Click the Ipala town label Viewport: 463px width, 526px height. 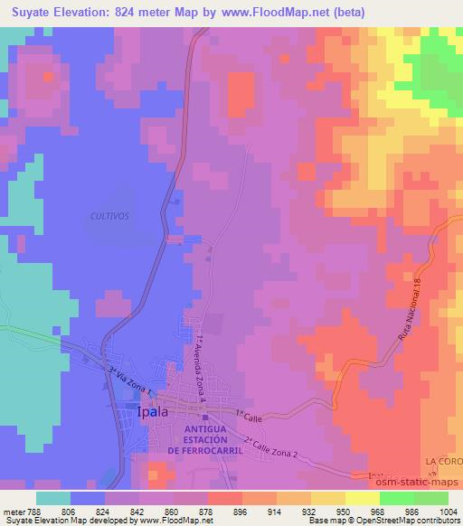coord(152,414)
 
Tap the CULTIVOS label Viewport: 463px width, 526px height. coord(111,216)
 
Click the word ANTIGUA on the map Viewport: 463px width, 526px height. coord(210,428)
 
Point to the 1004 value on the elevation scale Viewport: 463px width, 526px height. coord(449,511)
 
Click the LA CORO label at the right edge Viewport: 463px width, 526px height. coord(443,460)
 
